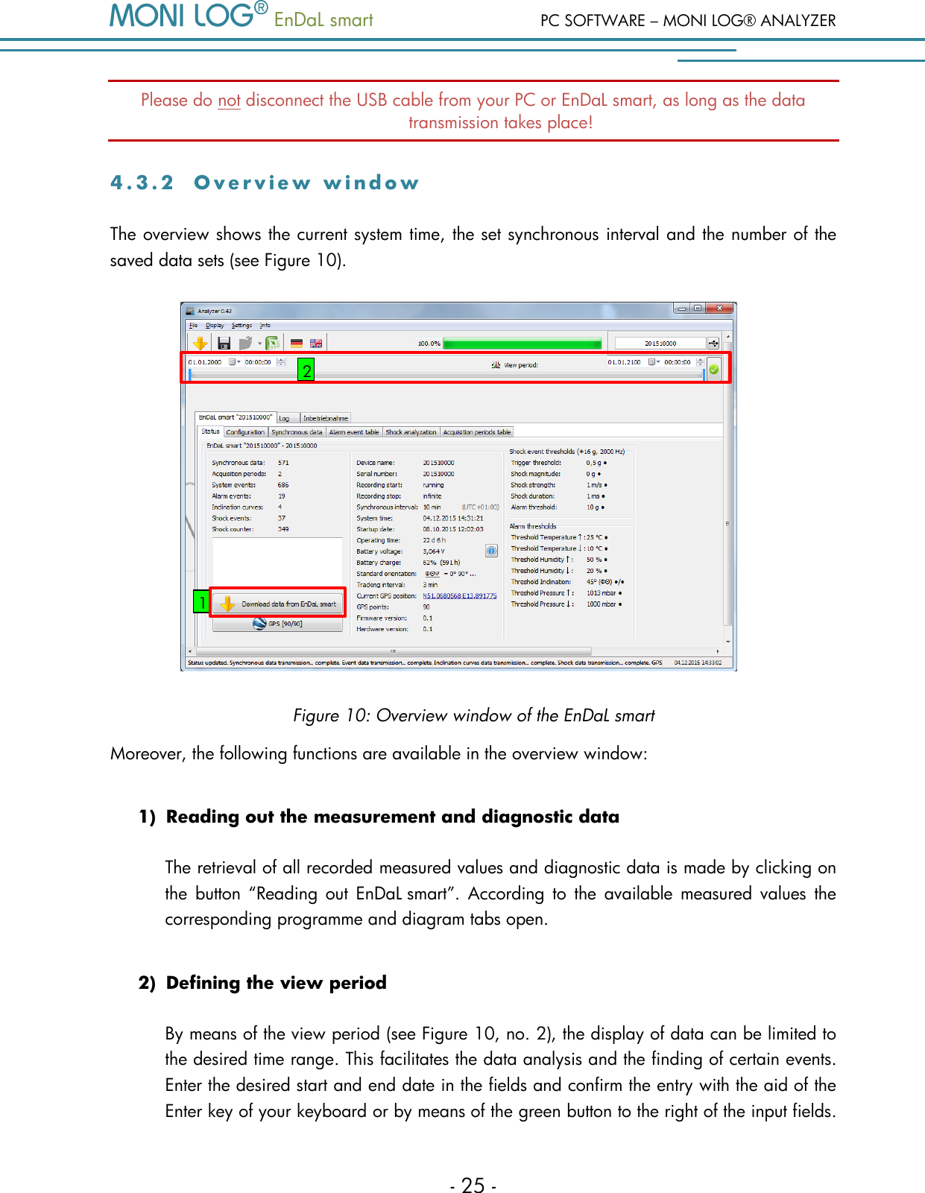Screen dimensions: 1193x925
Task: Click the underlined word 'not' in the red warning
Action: point(229,101)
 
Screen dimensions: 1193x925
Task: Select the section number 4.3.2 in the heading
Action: point(142,183)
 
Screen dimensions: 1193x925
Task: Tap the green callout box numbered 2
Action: point(306,370)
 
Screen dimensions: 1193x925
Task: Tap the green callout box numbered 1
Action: point(201,602)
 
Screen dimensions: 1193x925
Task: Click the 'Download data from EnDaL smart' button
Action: point(278,604)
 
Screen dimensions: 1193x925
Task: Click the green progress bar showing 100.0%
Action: point(522,344)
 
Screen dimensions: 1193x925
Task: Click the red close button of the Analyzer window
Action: point(719,308)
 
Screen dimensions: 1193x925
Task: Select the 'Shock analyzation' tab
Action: point(411,432)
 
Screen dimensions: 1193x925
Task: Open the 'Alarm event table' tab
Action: point(354,432)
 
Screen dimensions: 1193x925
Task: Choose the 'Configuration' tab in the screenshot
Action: point(245,432)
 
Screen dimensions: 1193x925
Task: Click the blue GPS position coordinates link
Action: point(459,596)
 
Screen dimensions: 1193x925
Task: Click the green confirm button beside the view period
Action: point(714,369)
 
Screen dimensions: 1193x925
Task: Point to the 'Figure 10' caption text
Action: point(473,715)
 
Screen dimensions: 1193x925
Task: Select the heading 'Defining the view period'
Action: point(276,983)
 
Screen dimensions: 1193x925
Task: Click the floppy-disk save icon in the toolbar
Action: point(224,343)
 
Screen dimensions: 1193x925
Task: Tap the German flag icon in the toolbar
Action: point(297,344)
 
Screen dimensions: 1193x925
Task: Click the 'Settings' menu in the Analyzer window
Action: point(241,326)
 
